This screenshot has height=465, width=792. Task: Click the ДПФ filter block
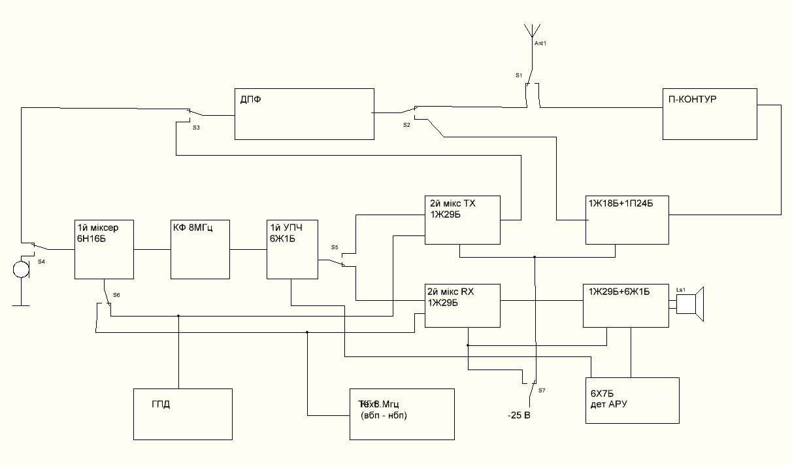[x=304, y=114]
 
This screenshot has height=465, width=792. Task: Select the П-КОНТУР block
[x=710, y=114]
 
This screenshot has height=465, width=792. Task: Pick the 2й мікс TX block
[x=462, y=220]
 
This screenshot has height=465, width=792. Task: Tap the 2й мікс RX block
[x=462, y=305]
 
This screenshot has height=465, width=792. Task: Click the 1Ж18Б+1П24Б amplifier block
[x=627, y=220]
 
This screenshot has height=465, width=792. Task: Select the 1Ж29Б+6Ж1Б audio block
[x=625, y=305]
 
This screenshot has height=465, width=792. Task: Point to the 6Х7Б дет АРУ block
[x=630, y=398]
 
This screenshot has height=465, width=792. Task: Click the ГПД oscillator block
[x=182, y=414]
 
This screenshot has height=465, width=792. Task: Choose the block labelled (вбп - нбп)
[x=401, y=414]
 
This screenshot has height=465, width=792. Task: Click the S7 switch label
[x=542, y=390]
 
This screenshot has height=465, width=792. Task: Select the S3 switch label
[x=196, y=128]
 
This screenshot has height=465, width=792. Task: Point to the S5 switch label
[x=335, y=247]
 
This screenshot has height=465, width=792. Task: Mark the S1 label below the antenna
[x=519, y=76]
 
